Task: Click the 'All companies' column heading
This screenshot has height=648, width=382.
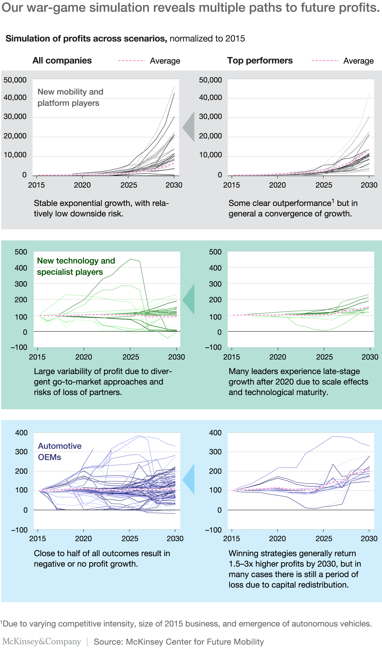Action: pyautogui.click(x=62, y=61)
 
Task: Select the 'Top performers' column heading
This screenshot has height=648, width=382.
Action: pyautogui.click(x=260, y=61)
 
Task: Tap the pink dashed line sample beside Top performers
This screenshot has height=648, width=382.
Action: pyautogui.click(x=325, y=61)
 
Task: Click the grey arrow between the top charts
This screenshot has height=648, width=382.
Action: pyautogui.click(x=189, y=126)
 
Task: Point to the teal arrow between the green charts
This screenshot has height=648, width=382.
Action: pyautogui.click(x=189, y=299)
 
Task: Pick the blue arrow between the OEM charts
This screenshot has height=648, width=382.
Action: pyautogui.click(x=189, y=479)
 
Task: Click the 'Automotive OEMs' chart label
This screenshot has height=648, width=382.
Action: pyautogui.click(x=59, y=451)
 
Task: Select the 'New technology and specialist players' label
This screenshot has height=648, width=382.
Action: pyautogui.click(x=76, y=266)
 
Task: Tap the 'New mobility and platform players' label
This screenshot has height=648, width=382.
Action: pyautogui.click(x=70, y=97)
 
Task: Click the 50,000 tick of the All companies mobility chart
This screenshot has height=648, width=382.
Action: pyautogui.click(x=15, y=80)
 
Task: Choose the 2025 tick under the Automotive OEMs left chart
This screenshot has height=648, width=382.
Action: pyautogui.click(x=130, y=538)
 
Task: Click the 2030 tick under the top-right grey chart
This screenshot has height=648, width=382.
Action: pyautogui.click(x=369, y=185)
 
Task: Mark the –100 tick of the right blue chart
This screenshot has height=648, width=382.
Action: pyautogui.click(x=213, y=530)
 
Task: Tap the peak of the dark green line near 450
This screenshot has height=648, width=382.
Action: pyautogui.click(x=131, y=259)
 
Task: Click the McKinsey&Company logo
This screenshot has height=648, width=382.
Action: pyautogui.click(x=42, y=642)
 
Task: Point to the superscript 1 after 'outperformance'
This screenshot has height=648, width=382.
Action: pyautogui.click(x=333, y=201)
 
